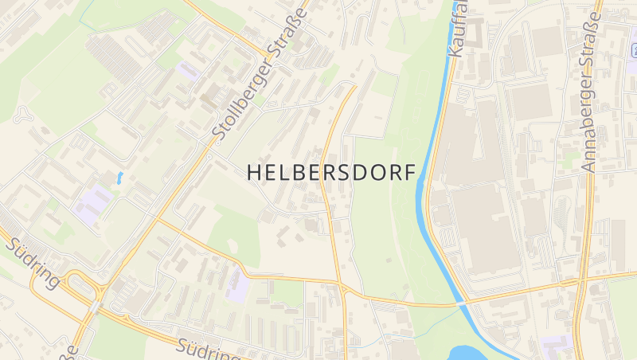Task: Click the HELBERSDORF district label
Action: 331,172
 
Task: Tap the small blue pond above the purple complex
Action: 119,178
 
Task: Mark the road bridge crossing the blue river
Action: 461,303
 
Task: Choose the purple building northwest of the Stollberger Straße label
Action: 188,71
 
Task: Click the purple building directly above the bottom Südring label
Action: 236,284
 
